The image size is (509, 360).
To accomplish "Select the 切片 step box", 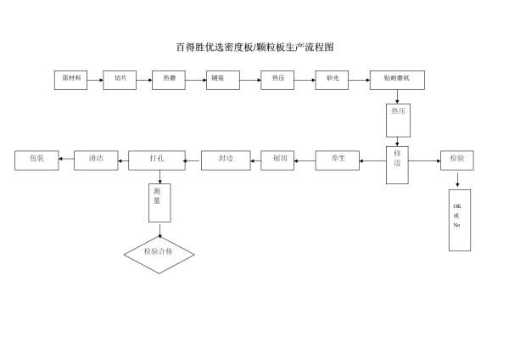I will click(x=120, y=79).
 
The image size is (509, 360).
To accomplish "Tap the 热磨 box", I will click(x=169, y=79).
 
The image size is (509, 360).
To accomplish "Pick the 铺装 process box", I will click(x=223, y=79).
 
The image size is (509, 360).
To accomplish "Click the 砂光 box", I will click(x=332, y=79).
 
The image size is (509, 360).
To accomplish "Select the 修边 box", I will click(x=397, y=158).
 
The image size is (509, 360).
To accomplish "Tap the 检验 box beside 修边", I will click(x=457, y=159).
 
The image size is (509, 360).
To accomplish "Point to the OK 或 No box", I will click(x=458, y=218).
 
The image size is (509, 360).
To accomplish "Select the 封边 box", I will click(x=226, y=159).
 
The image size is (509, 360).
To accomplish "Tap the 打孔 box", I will click(x=157, y=159).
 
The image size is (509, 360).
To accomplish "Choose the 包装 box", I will click(x=36, y=159).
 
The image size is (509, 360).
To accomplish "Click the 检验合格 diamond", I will click(x=159, y=253).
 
